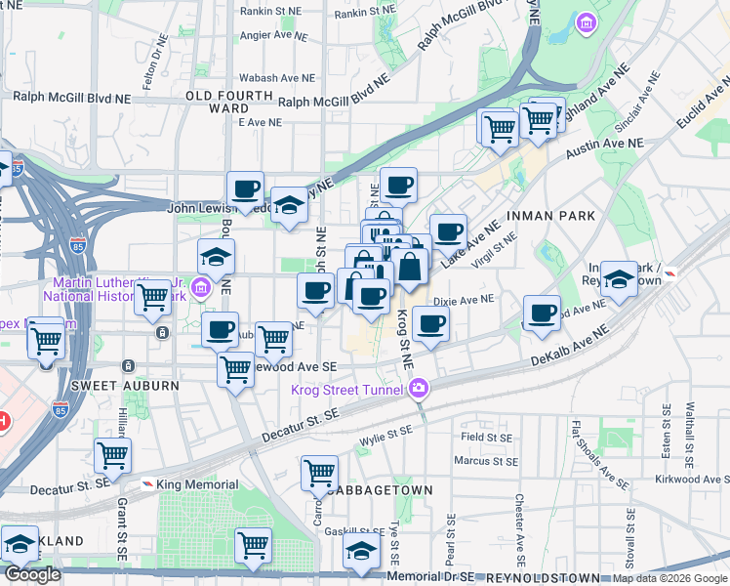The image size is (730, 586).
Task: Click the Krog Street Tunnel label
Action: tap(346, 391)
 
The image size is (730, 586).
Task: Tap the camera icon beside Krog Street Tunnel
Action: tap(419, 388)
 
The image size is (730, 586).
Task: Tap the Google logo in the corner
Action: tap(33, 574)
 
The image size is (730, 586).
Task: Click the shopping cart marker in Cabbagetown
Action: tap(320, 473)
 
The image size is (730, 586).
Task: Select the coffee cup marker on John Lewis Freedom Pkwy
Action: tap(246, 188)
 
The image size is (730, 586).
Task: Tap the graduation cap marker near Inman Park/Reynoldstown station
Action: tap(619, 279)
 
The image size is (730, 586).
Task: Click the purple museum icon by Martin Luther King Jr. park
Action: tap(201, 287)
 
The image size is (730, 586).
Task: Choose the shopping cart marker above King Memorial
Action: tap(113, 455)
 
